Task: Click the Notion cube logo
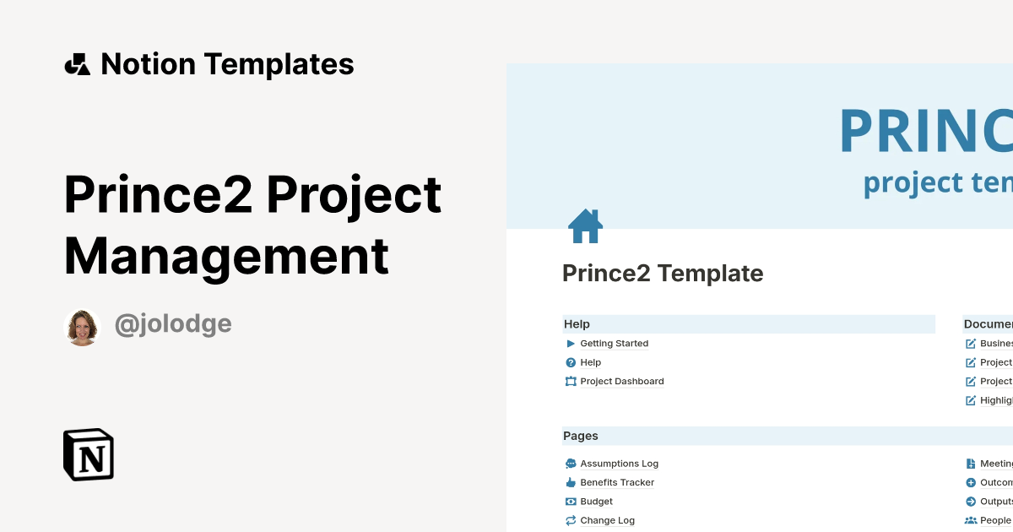pyautogui.click(x=89, y=454)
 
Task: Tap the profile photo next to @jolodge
pyautogui.click(x=82, y=327)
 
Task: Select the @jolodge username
pyautogui.click(x=173, y=324)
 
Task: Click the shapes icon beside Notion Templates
pyautogui.click(x=77, y=64)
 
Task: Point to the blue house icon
pyautogui.click(x=585, y=226)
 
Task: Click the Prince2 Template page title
pyautogui.click(x=663, y=274)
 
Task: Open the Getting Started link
pyautogui.click(x=614, y=344)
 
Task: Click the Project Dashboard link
pyautogui.click(x=621, y=382)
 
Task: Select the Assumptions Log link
pyautogui.click(x=619, y=464)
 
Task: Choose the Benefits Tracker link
pyautogui.click(x=617, y=483)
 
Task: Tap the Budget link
pyautogui.click(x=596, y=502)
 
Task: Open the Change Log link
pyautogui.click(x=607, y=521)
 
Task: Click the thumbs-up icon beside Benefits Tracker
pyautogui.click(x=571, y=483)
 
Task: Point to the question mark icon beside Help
pyautogui.click(x=571, y=362)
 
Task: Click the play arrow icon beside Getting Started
pyautogui.click(x=571, y=344)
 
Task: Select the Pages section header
pyautogui.click(x=581, y=437)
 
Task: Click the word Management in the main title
pyautogui.click(x=226, y=255)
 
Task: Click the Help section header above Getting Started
pyautogui.click(x=577, y=324)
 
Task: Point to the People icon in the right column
pyautogui.click(x=971, y=521)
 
